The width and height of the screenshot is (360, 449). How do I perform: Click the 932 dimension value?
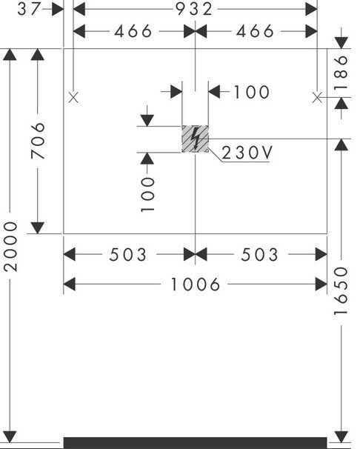coord(194,9)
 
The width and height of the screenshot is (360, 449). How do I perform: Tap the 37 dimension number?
coord(29,9)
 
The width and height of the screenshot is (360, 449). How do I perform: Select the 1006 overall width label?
coord(195,285)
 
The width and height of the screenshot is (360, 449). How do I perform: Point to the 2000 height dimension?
coord(10,246)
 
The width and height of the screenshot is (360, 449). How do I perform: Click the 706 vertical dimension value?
coord(38,141)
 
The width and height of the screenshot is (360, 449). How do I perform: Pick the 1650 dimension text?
coord(341,290)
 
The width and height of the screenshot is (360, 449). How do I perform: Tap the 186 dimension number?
coord(341,73)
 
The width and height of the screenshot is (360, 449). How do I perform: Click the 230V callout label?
coord(247,153)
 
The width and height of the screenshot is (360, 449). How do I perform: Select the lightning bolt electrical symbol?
coord(196,139)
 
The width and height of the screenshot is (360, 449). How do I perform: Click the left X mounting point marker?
coord(73,98)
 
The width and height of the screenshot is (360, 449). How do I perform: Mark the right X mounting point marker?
coord(317,98)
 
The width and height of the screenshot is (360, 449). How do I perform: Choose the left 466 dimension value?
coord(133,31)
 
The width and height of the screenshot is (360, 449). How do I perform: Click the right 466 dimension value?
coord(255,31)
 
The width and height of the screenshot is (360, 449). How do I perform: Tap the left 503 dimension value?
coord(128,255)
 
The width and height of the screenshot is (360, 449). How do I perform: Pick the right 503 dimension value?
coord(259,255)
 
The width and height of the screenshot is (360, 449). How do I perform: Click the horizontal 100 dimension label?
coord(252,92)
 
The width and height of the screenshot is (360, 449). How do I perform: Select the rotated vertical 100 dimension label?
coord(147,195)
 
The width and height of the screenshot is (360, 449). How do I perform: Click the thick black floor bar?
coord(195,442)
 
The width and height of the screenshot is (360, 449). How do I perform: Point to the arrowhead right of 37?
coord(58,10)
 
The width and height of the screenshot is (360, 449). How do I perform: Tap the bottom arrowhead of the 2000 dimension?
coord(10,436)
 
